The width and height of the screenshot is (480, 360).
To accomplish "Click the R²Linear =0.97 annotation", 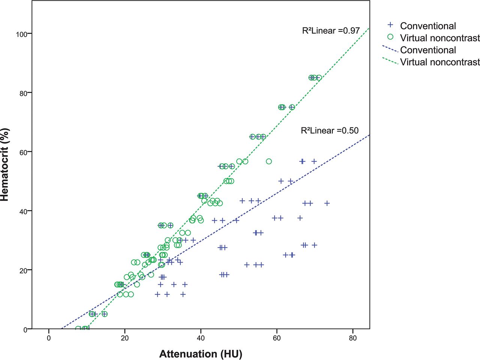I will pos(331,31).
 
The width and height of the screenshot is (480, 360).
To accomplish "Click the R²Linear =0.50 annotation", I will pos(330,130).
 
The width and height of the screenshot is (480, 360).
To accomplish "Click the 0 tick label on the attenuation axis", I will pos(49,338).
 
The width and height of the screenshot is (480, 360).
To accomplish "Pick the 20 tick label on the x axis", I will pos(124,338).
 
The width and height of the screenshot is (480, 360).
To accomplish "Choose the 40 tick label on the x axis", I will pos(201,338).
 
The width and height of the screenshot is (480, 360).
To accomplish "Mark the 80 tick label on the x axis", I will pos(352,338).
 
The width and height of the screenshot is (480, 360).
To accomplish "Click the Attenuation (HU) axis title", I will pos(201,354).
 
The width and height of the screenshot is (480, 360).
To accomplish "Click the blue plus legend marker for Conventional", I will pos(390,25).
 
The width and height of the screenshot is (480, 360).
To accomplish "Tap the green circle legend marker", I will pos(390,37).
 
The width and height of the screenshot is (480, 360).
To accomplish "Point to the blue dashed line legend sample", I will pos(390,49).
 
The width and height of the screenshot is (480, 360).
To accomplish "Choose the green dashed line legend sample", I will pos(390,61).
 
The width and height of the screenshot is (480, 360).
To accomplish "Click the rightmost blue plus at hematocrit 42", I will pos(327,203).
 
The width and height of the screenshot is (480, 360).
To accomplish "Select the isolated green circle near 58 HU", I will pos(269,161).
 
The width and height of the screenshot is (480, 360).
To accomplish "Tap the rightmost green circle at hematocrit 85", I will pos(319,78).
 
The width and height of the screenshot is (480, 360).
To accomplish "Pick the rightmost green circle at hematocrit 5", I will pos(105,314).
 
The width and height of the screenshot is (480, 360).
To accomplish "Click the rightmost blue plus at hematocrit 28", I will pos(314,245).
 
